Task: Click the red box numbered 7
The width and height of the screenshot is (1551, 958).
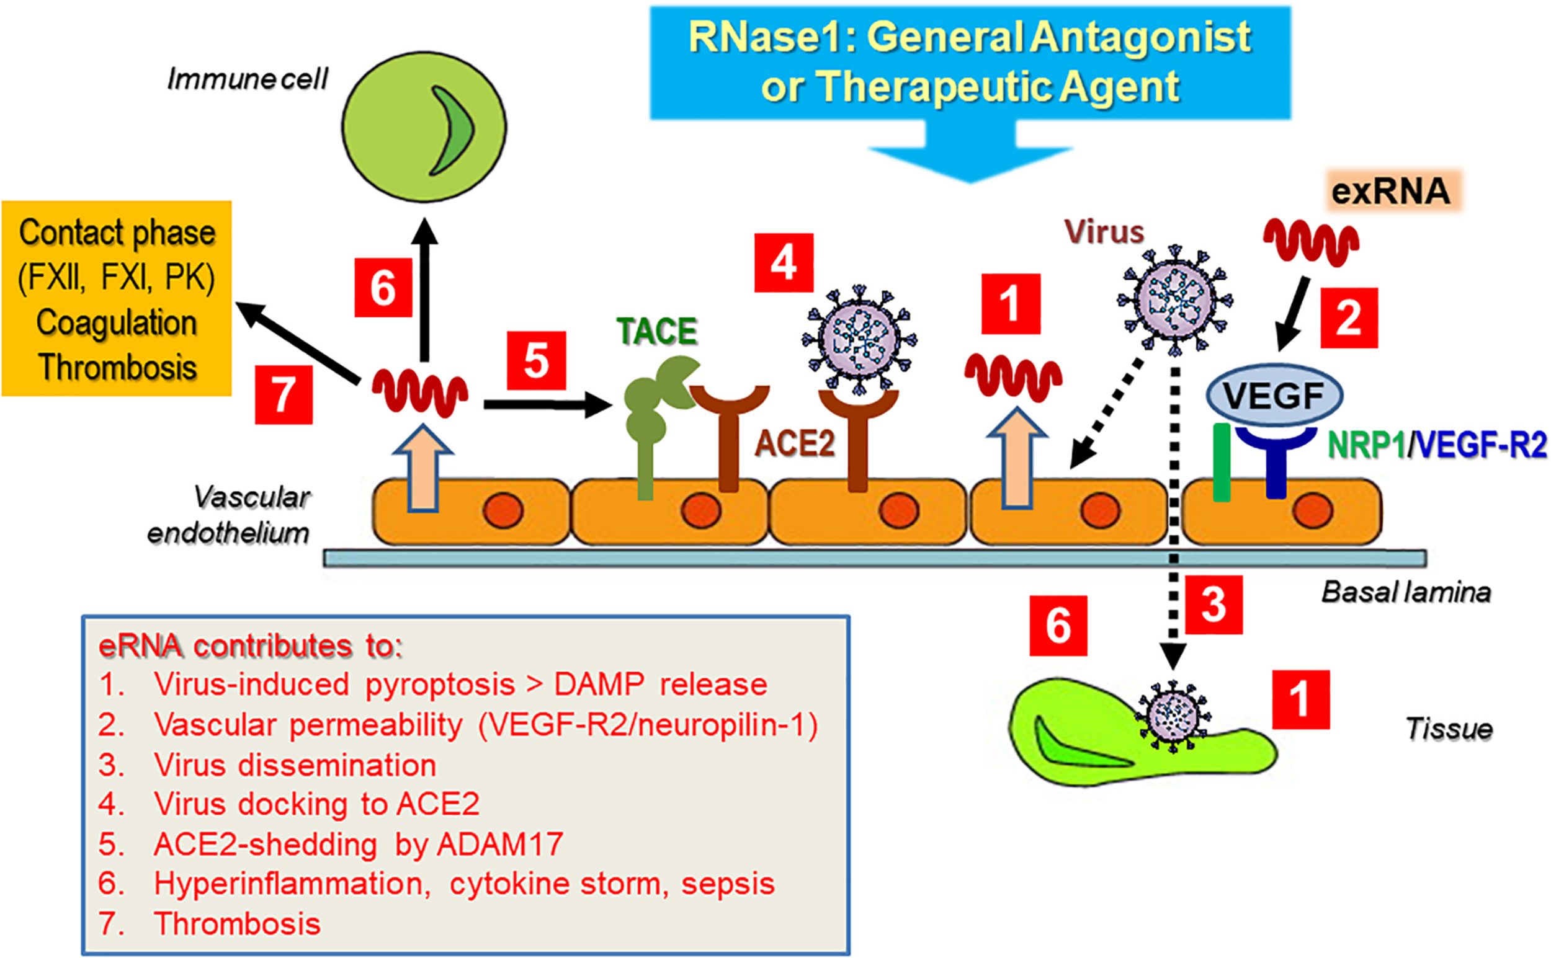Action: pos(284,394)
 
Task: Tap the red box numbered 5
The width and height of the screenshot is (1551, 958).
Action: pos(535,360)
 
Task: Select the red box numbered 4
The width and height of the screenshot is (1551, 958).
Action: pos(784,262)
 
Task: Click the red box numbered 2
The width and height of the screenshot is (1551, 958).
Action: pos(1348,317)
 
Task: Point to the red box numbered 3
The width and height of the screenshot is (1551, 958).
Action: pos(1213,605)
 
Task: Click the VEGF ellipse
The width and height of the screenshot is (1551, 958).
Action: pos(1274,396)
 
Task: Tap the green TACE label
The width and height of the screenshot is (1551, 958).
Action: pos(656,331)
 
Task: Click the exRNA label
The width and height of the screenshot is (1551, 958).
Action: pos(1391,191)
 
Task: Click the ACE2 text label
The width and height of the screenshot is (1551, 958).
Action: pos(794,443)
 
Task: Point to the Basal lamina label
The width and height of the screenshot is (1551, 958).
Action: pos(1405,592)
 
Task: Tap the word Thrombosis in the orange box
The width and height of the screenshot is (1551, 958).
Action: pos(117,367)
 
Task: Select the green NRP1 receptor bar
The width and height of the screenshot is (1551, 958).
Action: pos(1222,462)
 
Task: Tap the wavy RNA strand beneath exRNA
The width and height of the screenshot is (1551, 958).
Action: pos(1310,241)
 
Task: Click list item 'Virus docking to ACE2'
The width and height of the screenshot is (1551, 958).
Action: pos(316,804)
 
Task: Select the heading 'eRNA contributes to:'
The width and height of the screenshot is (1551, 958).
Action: pos(251,645)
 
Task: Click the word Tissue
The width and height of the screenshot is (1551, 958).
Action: pos(1448,728)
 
